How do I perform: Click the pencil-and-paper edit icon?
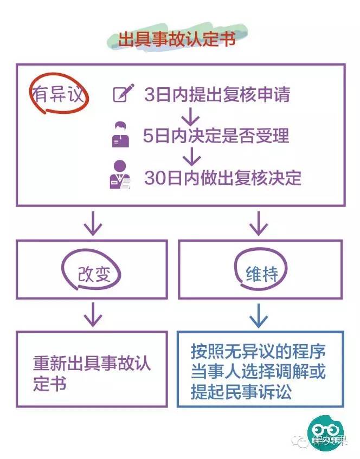(123, 94)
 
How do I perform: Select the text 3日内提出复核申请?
(217, 95)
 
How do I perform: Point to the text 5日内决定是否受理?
(216, 135)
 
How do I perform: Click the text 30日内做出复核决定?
(222, 178)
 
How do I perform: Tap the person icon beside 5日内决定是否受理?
(121, 135)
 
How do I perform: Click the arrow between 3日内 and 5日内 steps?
(190, 115)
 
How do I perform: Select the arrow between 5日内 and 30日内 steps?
(190, 157)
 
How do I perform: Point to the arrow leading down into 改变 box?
(93, 223)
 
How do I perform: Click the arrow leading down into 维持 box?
(259, 223)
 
